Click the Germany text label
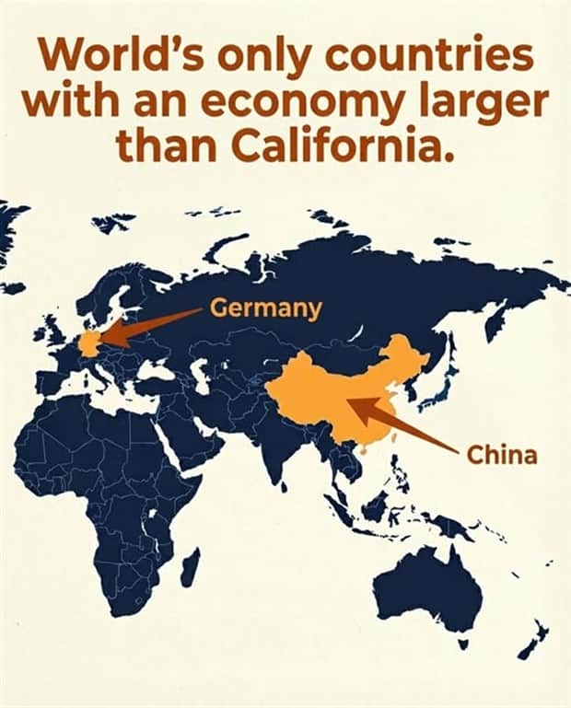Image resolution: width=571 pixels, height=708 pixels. (x=266, y=308)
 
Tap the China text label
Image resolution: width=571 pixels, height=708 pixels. (x=502, y=455)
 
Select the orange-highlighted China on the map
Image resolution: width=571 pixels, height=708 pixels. (x=341, y=396)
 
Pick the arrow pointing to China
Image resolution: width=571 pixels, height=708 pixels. (x=405, y=426)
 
